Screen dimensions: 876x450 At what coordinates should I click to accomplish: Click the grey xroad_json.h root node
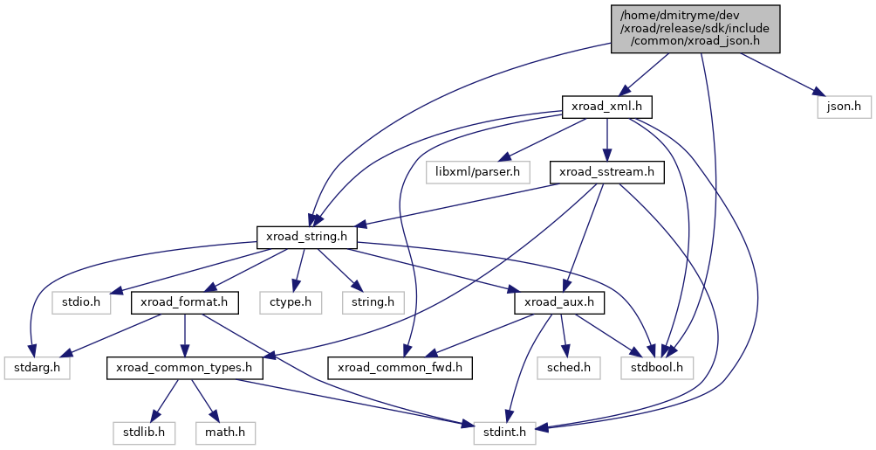(695, 29)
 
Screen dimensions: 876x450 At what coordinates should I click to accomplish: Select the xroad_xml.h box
(606, 107)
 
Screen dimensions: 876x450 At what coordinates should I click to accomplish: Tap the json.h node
(844, 107)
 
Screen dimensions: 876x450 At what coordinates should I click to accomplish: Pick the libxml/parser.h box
(477, 172)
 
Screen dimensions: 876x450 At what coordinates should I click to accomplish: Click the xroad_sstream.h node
(606, 172)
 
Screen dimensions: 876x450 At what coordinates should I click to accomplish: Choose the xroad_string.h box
(307, 238)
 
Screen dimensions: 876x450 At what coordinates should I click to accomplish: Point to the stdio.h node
(81, 303)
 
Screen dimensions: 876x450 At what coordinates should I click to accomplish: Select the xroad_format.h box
(184, 303)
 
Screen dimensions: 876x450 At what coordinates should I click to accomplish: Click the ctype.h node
(291, 303)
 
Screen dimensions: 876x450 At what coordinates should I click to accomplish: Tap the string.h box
(373, 303)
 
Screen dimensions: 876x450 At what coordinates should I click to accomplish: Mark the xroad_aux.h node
(559, 303)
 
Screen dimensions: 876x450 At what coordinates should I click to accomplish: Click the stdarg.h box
(37, 368)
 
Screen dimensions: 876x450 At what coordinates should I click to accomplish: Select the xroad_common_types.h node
(184, 368)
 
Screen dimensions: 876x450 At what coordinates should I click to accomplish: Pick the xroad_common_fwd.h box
(400, 368)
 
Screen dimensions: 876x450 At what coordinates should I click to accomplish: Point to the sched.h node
(569, 368)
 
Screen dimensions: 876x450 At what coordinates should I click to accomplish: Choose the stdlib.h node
(144, 433)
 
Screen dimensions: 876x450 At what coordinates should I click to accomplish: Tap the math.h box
(225, 433)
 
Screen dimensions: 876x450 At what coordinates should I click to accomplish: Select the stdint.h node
(504, 433)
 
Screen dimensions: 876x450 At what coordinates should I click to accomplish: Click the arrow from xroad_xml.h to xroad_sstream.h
(606, 140)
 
